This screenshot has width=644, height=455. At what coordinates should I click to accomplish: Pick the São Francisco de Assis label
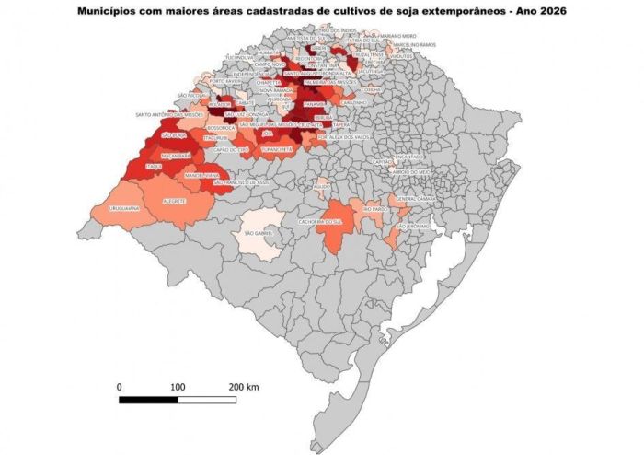[241, 182]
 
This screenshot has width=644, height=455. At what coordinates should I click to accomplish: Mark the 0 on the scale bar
[120, 385]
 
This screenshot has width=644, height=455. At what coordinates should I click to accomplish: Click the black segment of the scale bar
[148, 400]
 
